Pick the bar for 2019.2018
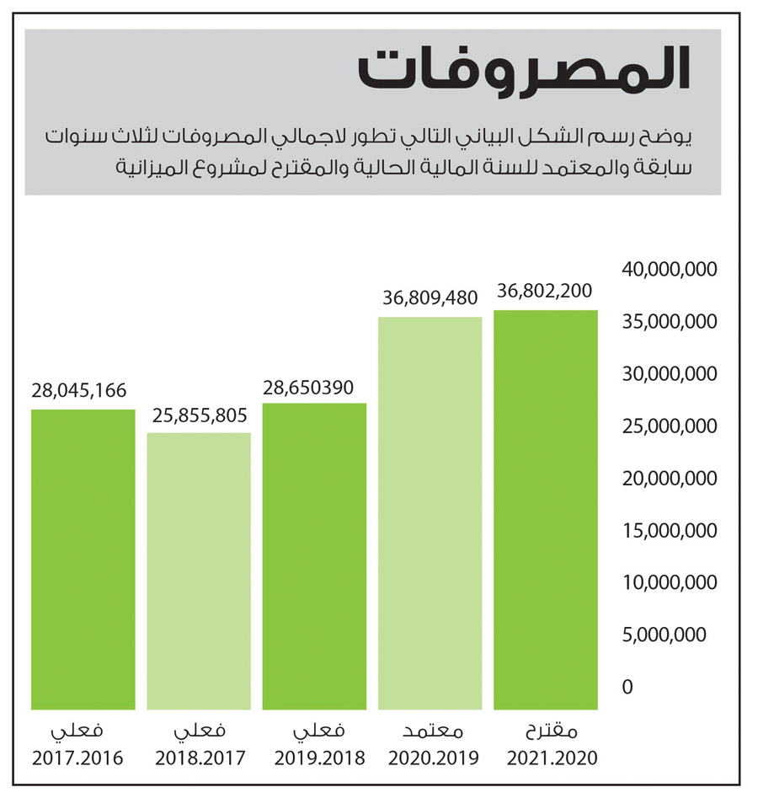tap(314, 556)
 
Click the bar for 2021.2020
tap(546, 510)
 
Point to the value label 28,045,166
tap(79, 390)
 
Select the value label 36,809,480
tap(430, 297)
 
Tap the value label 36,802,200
tap(545, 291)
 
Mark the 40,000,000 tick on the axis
tap(669, 270)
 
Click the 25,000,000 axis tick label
tap(669, 426)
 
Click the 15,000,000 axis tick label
tap(669, 531)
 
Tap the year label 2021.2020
tap(552, 758)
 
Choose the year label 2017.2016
tap(77, 758)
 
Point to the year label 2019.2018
tap(319, 758)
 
